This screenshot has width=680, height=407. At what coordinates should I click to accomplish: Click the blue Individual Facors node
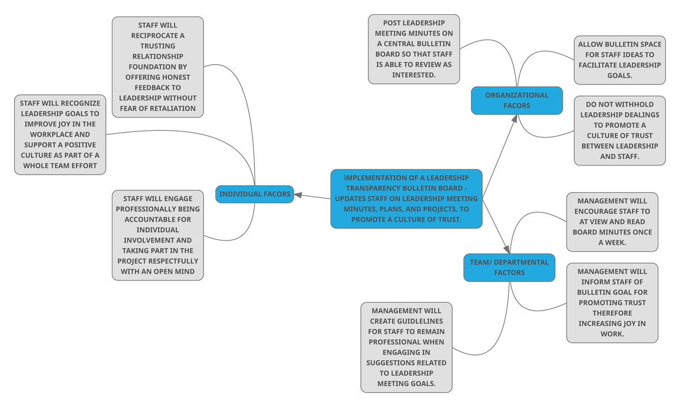(x=254, y=194)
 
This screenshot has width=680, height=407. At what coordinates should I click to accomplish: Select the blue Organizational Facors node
(x=517, y=100)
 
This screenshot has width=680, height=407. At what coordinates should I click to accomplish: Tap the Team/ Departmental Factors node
(x=509, y=268)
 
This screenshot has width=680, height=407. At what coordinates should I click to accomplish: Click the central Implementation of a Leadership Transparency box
(x=407, y=199)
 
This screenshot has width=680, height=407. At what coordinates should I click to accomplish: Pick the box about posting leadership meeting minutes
(x=414, y=49)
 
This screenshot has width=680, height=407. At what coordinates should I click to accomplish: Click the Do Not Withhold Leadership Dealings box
(x=619, y=130)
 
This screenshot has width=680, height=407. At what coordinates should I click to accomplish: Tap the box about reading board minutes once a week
(x=612, y=222)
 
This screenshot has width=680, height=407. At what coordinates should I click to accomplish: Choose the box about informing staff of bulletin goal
(x=612, y=303)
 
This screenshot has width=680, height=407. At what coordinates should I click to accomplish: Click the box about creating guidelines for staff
(x=406, y=347)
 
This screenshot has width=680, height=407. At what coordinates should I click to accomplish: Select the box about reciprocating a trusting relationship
(x=158, y=67)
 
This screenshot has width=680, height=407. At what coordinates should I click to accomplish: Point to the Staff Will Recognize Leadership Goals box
(x=60, y=134)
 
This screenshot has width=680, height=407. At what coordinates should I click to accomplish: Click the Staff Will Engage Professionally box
(x=158, y=235)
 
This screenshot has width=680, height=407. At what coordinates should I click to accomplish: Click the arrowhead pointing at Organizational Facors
(x=515, y=118)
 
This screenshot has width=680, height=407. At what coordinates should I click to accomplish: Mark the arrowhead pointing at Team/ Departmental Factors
(x=507, y=249)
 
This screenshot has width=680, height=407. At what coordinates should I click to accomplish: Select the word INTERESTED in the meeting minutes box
(x=414, y=75)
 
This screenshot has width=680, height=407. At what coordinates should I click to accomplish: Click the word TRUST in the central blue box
(x=445, y=219)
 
